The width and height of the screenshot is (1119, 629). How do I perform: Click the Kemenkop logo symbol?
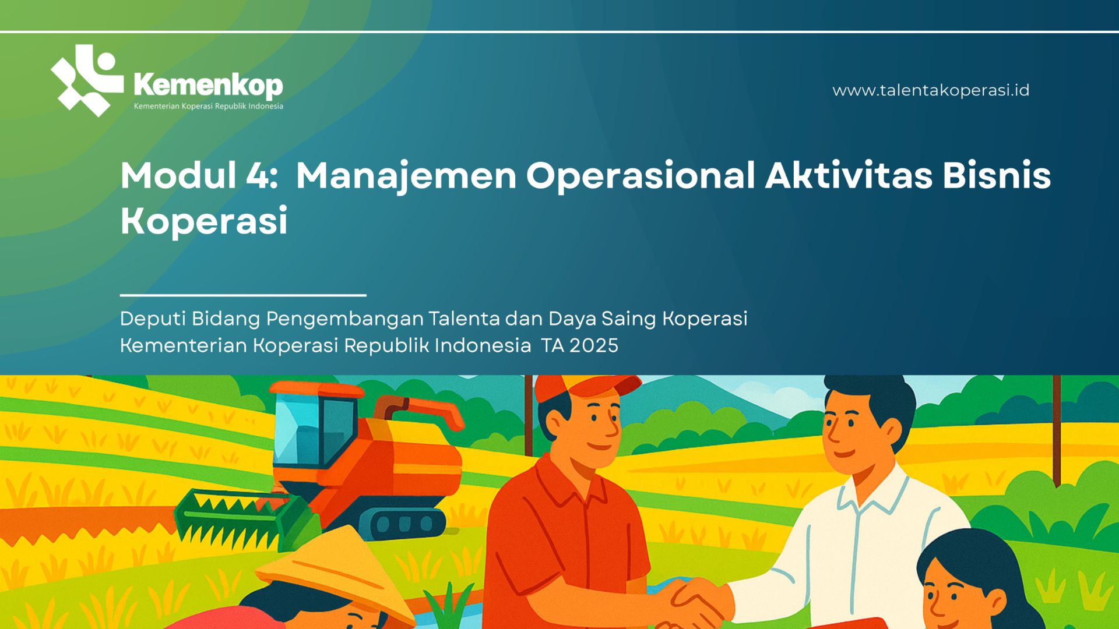coord(87,80)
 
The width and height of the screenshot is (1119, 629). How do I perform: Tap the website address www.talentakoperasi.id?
coord(931,90)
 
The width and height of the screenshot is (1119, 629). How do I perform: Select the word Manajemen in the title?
coord(406,176)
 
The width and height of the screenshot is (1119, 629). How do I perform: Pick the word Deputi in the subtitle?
coord(153,319)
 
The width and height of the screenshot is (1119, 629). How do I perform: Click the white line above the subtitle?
coord(243,295)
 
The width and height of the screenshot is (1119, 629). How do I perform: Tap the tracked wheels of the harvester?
coord(402,522)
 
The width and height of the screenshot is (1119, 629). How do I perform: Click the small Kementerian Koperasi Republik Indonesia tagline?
coord(209,107)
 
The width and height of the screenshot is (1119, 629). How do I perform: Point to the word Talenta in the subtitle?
coord(464,319)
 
